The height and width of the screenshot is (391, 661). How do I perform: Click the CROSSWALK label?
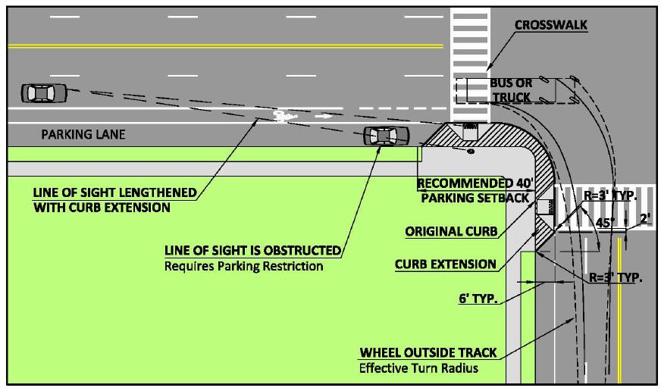[551, 25]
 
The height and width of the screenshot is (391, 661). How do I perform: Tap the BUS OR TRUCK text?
[511, 89]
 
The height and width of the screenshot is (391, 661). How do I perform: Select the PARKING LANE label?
[83, 135]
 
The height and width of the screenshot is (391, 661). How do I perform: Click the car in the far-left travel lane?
[43, 92]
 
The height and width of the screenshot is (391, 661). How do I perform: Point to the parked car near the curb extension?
[386, 136]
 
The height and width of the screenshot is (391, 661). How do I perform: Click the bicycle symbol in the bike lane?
[282, 116]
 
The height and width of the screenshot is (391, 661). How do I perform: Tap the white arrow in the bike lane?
[323, 116]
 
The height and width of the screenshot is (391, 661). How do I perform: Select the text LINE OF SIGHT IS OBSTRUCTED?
[252, 251]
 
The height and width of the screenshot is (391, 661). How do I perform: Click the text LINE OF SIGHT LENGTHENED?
[114, 192]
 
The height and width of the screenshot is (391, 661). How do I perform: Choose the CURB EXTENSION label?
[446, 264]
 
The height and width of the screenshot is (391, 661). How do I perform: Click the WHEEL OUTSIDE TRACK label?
[428, 352]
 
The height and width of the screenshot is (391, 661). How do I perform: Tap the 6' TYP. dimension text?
[478, 299]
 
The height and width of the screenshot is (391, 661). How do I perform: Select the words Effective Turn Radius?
[419, 369]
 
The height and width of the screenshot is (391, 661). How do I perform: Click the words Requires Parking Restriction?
[243, 266]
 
